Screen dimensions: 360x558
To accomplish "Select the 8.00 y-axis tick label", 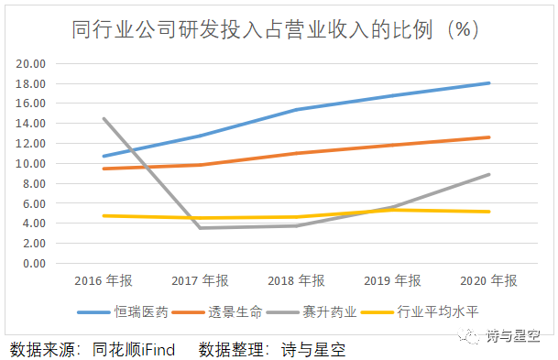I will (34, 183).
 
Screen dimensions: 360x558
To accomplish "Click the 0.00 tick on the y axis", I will (34, 263).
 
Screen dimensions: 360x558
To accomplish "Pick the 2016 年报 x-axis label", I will (104, 280).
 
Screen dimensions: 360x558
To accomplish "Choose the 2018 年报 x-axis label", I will (297, 280).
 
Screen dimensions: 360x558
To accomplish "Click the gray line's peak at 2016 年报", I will (104, 118).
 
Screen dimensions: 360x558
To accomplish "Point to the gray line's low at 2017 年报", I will (200, 228).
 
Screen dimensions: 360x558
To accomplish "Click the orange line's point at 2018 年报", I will (297, 153).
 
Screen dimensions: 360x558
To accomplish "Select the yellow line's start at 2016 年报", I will (104, 215).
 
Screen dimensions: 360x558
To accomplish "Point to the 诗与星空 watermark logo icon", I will (470, 337).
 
